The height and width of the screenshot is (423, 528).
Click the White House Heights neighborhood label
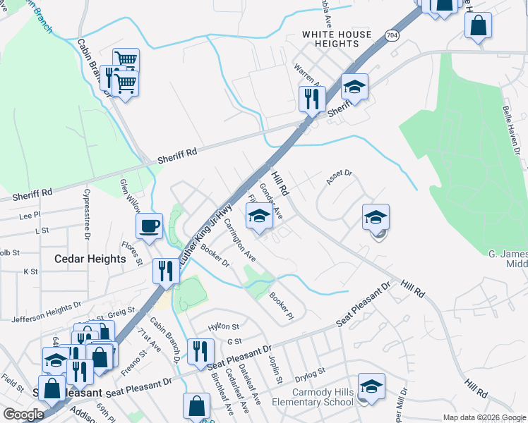click(336, 39)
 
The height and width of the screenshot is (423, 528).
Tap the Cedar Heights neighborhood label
click(90, 259)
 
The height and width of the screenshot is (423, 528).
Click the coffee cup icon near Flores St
click(149, 226)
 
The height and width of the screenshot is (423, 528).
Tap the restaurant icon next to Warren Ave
click(311, 98)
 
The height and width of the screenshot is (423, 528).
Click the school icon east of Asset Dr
click(376, 216)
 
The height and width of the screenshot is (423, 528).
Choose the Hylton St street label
click(224, 327)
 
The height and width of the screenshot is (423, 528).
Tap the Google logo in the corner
click(23, 415)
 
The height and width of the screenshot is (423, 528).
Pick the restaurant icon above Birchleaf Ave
click(200, 350)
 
